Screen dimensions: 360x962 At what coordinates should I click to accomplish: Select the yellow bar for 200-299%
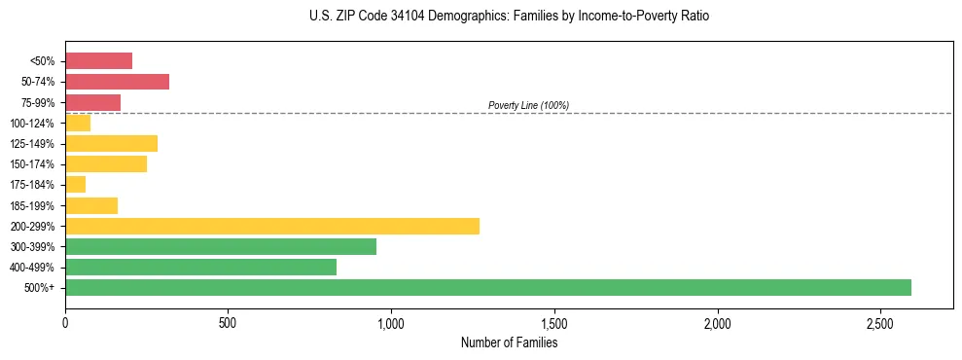[x=272, y=226]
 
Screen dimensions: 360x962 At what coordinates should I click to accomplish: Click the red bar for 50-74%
[x=117, y=82]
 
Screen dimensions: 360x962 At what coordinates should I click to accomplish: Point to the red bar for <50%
[x=98, y=61]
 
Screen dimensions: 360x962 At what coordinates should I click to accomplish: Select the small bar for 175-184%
[x=75, y=184]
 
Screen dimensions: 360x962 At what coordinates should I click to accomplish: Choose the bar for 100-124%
[x=78, y=123]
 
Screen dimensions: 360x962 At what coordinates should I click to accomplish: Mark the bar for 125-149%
[x=111, y=143]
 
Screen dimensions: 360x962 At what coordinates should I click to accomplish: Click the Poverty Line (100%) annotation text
[x=528, y=105]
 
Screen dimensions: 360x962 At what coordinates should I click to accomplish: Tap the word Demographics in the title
[x=456, y=17]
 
